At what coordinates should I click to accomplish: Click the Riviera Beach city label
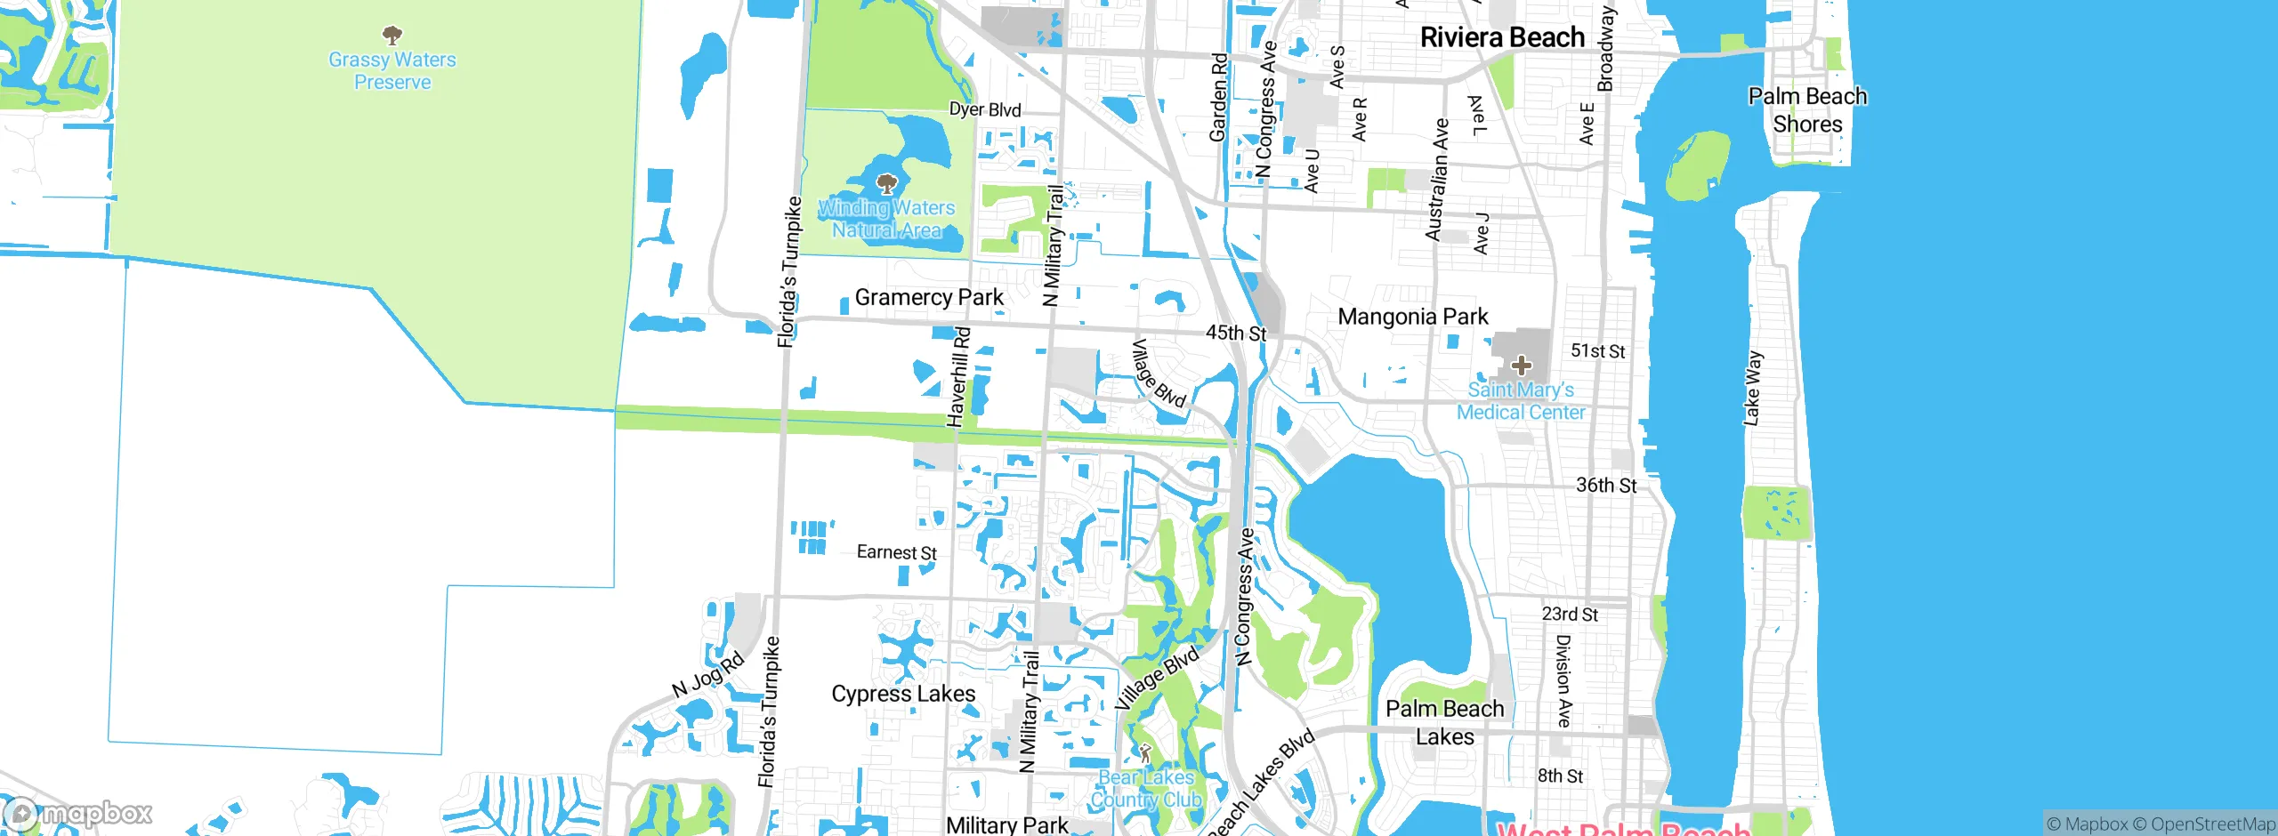pos(1502,37)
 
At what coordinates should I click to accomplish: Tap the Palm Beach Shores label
pos(1807,109)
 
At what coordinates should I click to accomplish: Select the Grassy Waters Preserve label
pos(392,71)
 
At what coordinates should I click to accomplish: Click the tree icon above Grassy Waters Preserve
pos(392,36)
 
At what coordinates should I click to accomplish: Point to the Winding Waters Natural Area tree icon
pos(886,184)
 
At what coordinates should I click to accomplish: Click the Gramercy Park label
pos(929,297)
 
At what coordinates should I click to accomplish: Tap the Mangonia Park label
pos(1413,317)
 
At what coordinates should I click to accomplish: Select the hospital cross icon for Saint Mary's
pos(1522,365)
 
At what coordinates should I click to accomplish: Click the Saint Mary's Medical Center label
pos(1521,401)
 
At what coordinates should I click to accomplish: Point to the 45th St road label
pos(1236,333)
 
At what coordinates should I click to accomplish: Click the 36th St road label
pos(1606,486)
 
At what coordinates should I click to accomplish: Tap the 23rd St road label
pos(1570,615)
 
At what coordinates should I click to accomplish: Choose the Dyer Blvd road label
pos(985,109)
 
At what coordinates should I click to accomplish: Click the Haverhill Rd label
pos(959,377)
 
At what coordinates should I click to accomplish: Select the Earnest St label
pos(896,552)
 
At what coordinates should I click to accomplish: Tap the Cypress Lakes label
pos(903,694)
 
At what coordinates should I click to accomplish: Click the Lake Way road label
pos(1752,388)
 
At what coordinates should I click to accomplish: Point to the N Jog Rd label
pos(707,676)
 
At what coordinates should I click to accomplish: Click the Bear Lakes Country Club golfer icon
pos(1145,753)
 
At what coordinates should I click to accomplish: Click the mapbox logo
pos(78,813)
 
